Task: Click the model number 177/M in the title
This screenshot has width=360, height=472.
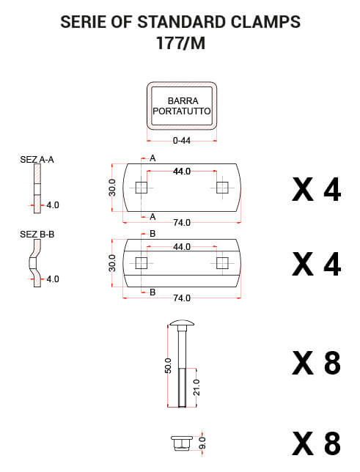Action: [x=181, y=43]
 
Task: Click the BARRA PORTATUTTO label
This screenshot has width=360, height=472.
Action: [x=182, y=106]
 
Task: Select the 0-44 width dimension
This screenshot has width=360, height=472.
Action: [x=182, y=141]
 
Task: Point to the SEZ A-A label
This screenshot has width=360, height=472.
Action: [x=37, y=159]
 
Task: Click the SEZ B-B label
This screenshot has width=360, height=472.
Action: [x=37, y=234]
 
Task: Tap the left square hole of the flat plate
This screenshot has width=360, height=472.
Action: [x=141, y=188]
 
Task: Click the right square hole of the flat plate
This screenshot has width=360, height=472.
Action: [x=222, y=188]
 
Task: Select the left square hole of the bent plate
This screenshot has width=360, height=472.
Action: [x=141, y=263]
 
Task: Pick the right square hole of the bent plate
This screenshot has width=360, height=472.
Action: [x=222, y=263]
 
